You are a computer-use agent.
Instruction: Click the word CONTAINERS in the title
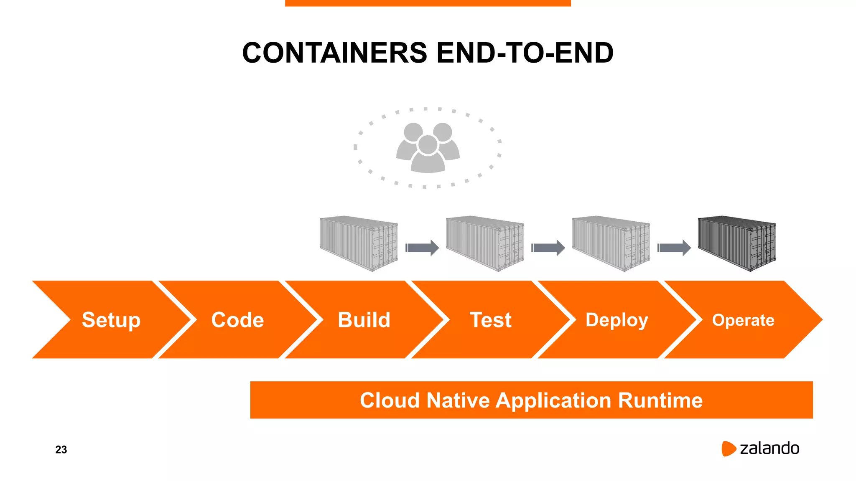(x=335, y=53)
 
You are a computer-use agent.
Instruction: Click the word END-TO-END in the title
(x=525, y=53)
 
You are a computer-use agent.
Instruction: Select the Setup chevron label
(x=111, y=320)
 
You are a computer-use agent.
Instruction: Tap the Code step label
(x=237, y=320)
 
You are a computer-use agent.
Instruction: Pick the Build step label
(x=364, y=320)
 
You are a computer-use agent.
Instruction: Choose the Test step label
(x=490, y=320)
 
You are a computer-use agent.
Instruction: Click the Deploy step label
(x=617, y=320)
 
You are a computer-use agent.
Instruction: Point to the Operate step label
(x=743, y=320)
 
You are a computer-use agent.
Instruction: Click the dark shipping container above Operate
(x=736, y=243)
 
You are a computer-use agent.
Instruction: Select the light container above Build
(x=359, y=243)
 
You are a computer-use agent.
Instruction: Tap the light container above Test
(x=485, y=243)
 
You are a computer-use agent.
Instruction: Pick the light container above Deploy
(x=611, y=243)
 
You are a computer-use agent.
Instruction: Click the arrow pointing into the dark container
(x=673, y=248)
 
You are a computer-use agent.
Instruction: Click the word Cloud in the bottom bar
(x=390, y=400)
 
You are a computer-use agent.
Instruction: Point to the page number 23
(x=61, y=450)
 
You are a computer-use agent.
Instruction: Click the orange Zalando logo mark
(x=728, y=448)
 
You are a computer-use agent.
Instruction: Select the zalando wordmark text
(x=769, y=448)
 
